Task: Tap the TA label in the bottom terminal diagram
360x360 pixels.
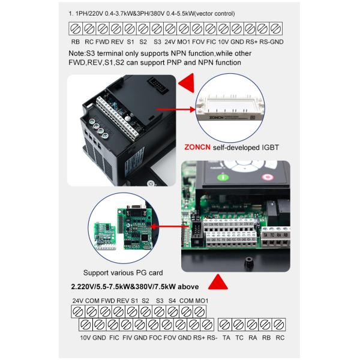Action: pos(226,338)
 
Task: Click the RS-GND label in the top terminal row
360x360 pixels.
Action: pos(272,43)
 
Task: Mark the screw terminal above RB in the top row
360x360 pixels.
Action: pos(76,29)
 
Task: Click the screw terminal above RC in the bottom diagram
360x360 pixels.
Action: pos(280,325)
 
